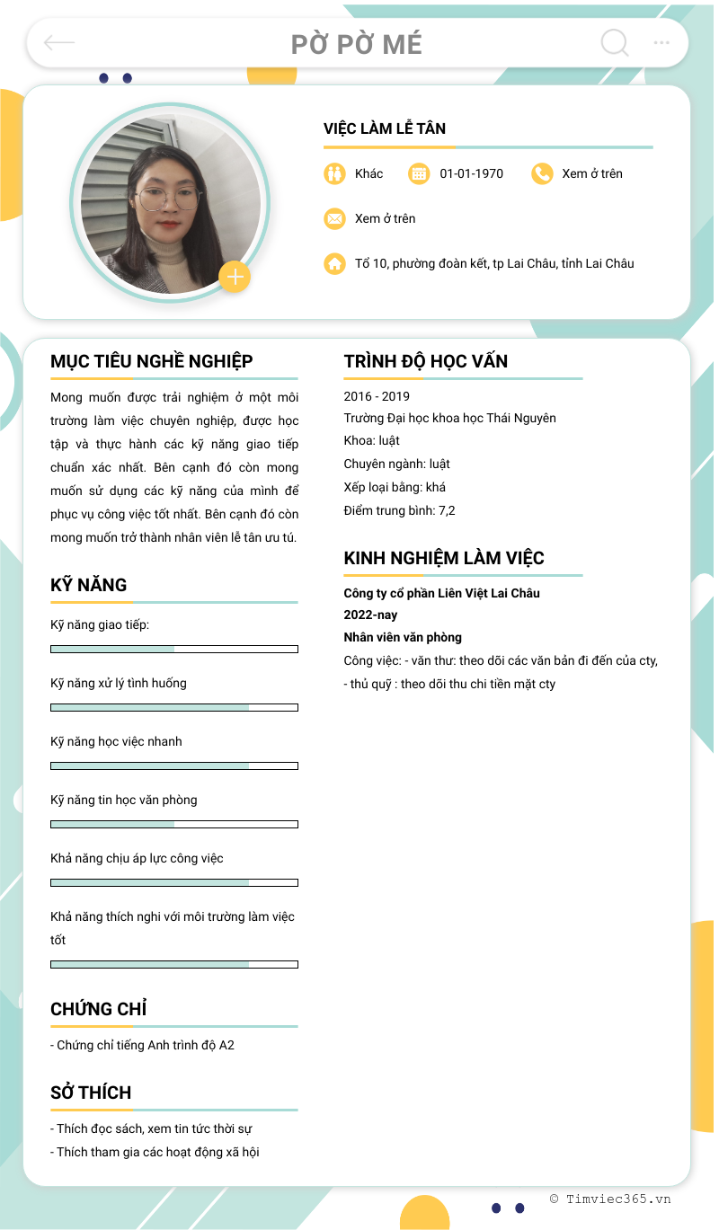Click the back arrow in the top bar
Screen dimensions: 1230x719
(x=59, y=42)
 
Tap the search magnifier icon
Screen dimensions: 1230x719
(x=615, y=42)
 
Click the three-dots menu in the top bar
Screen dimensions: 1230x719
(x=661, y=42)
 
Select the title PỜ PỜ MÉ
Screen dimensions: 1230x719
(x=357, y=44)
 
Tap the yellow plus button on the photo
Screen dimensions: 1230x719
(x=235, y=277)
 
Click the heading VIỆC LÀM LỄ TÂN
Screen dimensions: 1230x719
(x=385, y=128)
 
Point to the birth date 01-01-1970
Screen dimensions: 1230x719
(x=471, y=173)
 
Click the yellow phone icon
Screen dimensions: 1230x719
(x=541, y=173)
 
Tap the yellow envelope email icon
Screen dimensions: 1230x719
(x=334, y=218)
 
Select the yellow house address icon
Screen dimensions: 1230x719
(x=334, y=263)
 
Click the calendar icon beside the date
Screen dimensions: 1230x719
(x=419, y=173)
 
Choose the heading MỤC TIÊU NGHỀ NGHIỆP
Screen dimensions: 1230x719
(x=152, y=361)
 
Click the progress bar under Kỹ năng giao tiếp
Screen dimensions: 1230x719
(x=174, y=649)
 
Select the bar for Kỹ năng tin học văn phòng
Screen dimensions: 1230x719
(x=174, y=824)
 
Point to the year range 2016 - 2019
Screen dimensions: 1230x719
(x=377, y=396)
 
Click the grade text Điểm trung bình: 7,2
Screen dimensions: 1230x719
(x=399, y=510)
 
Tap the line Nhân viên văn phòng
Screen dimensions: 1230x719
(x=403, y=637)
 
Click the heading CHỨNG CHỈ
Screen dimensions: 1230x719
(x=99, y=1009)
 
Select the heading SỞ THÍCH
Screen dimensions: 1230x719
(x=91, y=1093)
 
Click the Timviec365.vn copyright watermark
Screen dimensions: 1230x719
(x=610, y=1199)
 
